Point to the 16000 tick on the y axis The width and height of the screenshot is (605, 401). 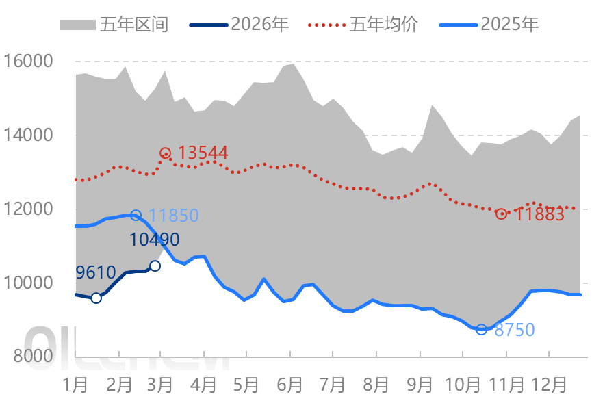[x=28, y=62]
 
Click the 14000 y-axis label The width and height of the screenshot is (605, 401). [x=28, y=135]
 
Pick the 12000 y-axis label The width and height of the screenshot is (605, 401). [x=28, y=209]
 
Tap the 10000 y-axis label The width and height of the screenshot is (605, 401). [x=28, y=283]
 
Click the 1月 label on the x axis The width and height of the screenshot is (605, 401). [x=75, y=383]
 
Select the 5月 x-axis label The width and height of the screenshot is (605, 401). [x=246, y=383]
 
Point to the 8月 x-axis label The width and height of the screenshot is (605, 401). [x=376, y=383]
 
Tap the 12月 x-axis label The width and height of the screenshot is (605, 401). [x=550, y=383]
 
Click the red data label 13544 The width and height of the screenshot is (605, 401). [x=203, y=153]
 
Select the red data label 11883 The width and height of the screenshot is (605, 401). [x=539, y=214]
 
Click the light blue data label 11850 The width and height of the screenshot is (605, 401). [x=173, y=216]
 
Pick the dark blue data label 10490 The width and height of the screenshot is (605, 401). [x=155, y=240]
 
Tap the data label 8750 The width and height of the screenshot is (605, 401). [x=514, y=330]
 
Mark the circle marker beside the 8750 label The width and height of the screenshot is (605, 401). [x=481, y=329]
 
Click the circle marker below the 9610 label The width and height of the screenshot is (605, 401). [x=96, y=298]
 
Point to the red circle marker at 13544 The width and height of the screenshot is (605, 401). [x=165, y=153]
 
